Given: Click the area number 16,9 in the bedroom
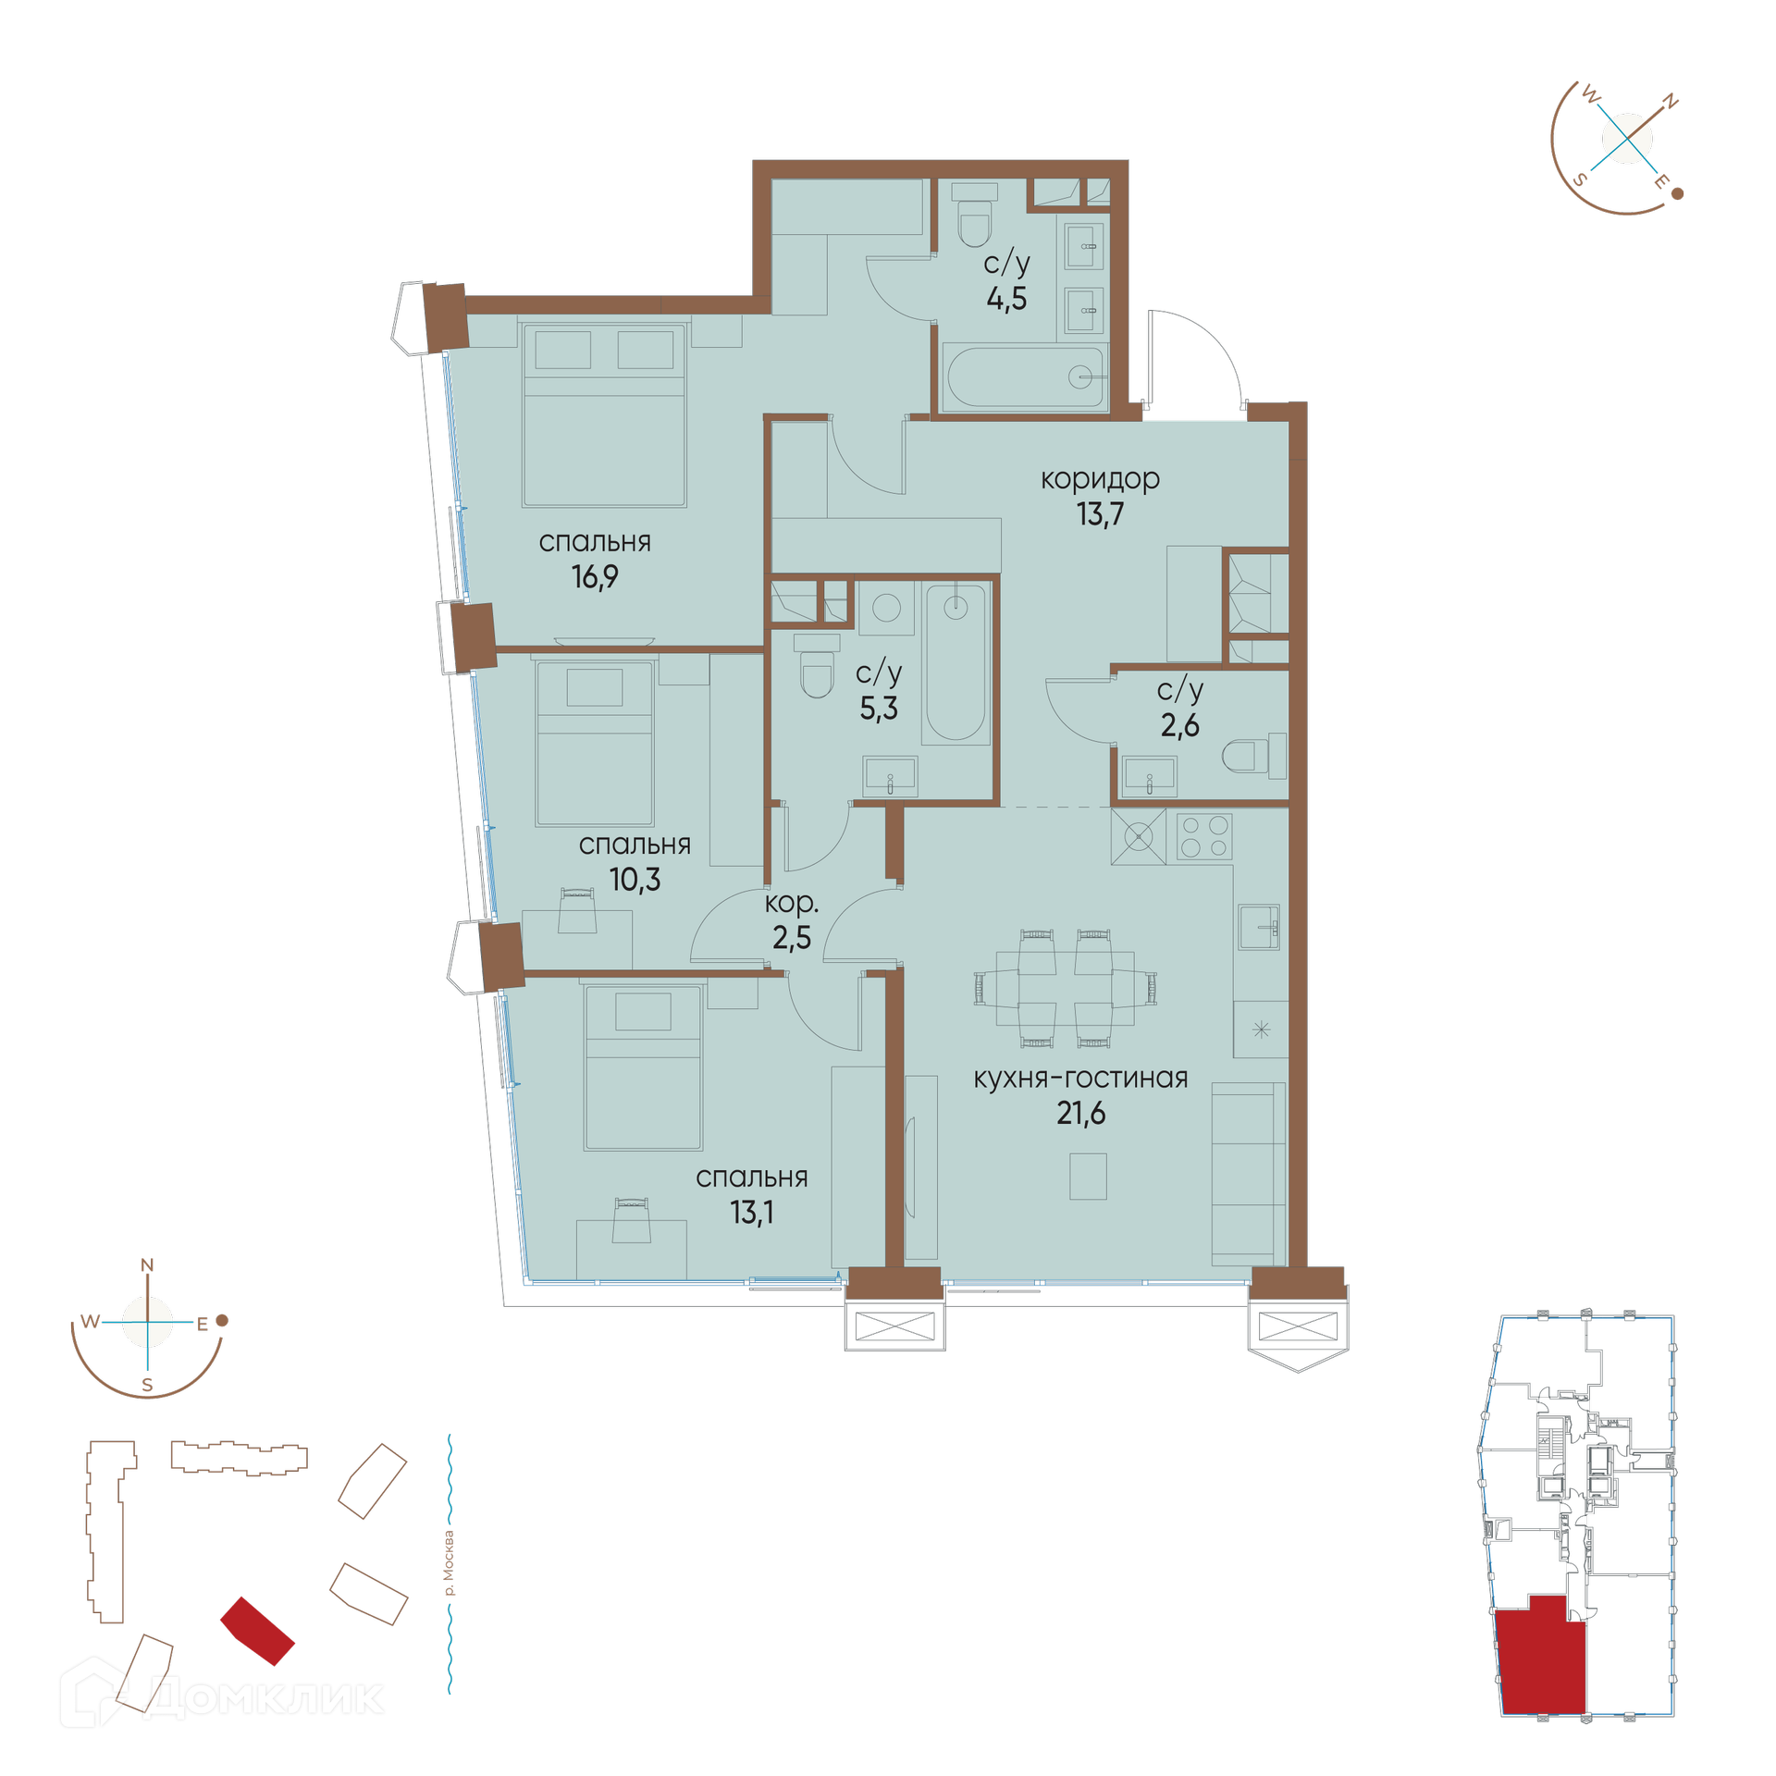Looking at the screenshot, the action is coord(595,577).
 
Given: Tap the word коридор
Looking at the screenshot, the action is coord(1100,479).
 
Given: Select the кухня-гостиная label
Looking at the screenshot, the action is coord(1080,1079).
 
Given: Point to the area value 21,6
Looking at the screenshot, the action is coord(1080,1113).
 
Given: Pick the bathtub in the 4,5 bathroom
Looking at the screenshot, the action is coord(1025,376).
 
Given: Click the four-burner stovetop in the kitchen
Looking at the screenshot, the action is coord(1204,836).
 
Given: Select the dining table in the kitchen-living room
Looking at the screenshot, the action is coord(1065,989).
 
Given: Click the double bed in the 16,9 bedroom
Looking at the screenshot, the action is coord(604,414).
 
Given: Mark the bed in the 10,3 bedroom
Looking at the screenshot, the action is coord(594,743).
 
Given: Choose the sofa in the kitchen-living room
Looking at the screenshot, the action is coord(1249,1174).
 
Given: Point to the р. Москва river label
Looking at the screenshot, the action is coord(450,1564).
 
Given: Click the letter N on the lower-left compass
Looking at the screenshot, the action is coord(147,1265).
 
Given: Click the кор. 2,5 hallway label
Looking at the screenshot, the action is coord(792,921).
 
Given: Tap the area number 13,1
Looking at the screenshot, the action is coord(751,1213).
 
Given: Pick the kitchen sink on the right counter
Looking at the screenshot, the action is coord(1259,927).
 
